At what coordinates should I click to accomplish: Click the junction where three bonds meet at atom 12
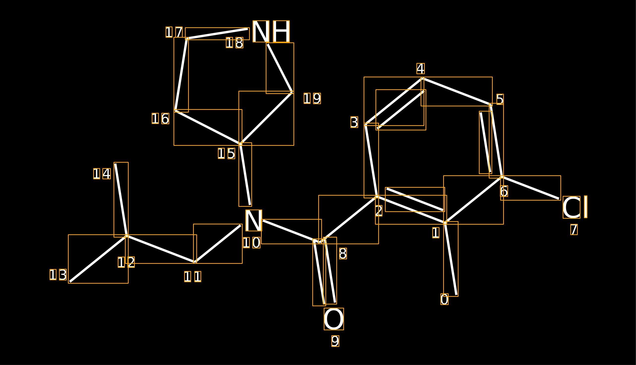pos(127,236)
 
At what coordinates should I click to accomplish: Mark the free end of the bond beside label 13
pos(70,282)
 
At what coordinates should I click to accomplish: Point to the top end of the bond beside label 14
pos(115,164)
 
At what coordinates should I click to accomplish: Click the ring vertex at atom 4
pos(423,79)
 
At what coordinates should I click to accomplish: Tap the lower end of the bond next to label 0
pos(457,295)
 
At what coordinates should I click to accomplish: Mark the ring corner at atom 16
pos(175,111)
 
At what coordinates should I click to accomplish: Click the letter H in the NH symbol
pos(281,31)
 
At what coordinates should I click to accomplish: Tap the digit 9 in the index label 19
pos(317,98)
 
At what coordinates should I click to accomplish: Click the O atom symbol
pos(334,319)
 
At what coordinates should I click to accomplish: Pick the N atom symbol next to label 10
pos(254,220)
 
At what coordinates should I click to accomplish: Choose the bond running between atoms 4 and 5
pos(457,92)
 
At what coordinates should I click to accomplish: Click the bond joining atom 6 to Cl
pos(530,188)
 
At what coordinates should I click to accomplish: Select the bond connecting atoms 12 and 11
pos(161,249)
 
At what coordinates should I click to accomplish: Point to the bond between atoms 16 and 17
pos(181,75)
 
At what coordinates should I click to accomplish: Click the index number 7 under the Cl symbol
pos(574,229)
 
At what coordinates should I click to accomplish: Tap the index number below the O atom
pos(335,341)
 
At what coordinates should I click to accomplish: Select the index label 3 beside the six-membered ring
pos(354,122)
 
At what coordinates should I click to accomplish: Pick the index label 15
pos(227,153)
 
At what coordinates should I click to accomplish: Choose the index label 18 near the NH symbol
pos(234,43)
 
